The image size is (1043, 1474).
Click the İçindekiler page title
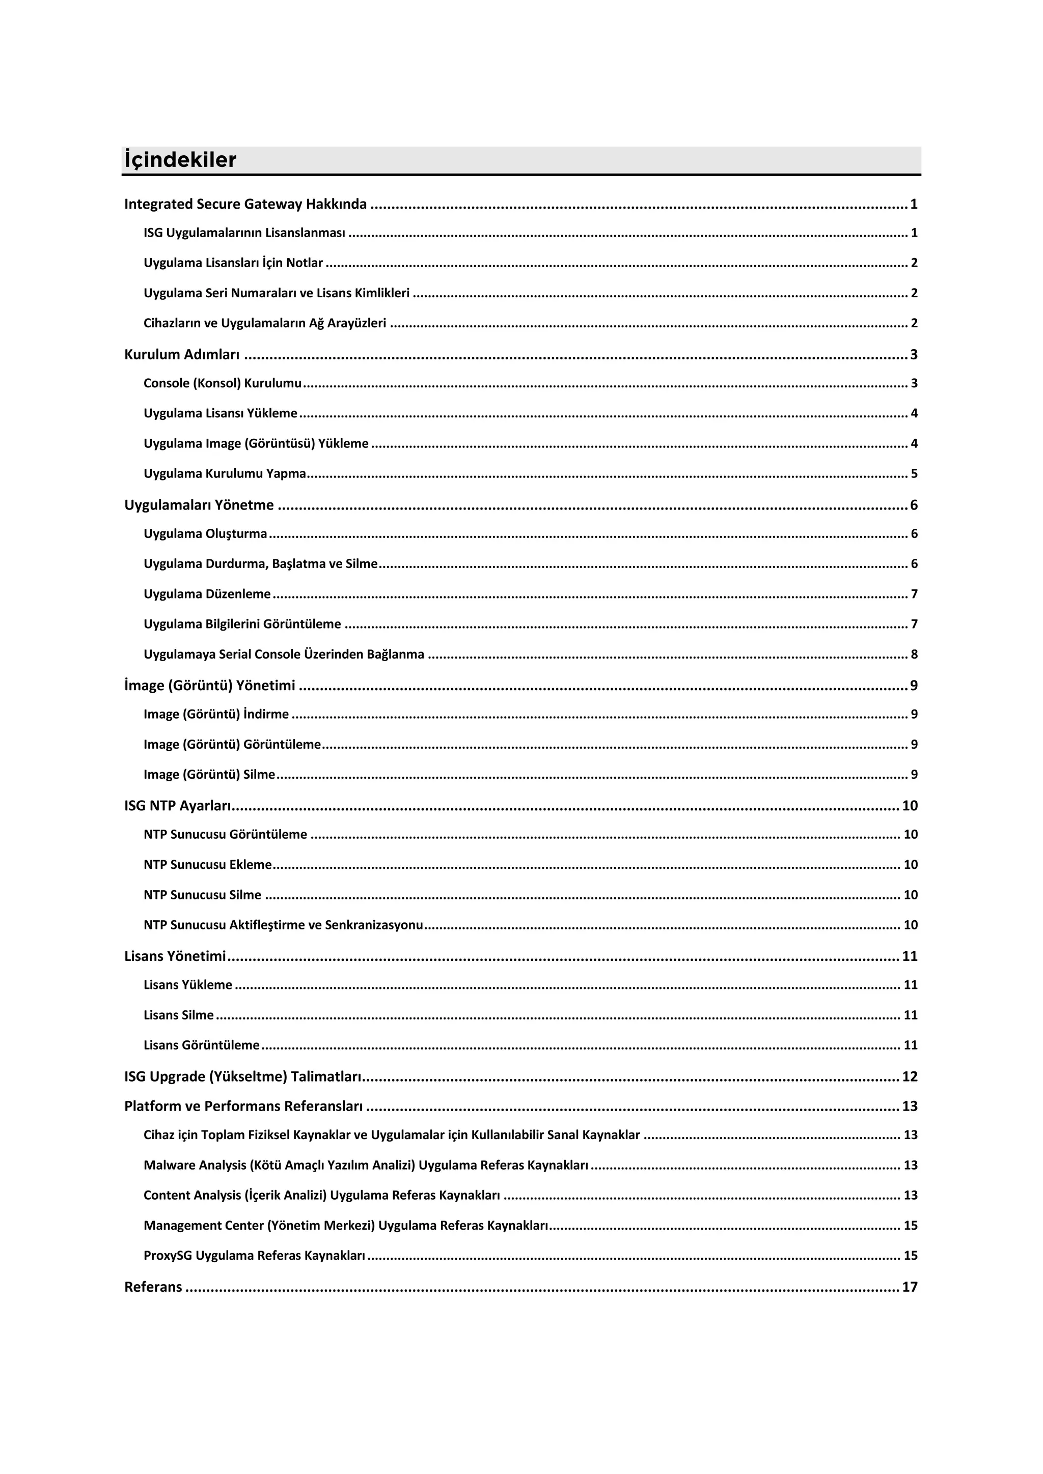180,160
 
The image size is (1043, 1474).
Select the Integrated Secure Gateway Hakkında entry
245,204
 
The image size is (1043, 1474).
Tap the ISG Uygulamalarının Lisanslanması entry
244,233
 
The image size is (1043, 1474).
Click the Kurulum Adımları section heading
182,354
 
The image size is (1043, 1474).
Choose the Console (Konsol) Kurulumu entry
222,383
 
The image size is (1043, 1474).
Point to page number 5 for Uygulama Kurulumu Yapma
914,474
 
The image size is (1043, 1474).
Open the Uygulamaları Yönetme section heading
199,505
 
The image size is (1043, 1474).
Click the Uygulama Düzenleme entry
207,594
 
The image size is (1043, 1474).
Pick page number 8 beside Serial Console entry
914,654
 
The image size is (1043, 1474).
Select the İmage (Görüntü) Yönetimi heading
210,686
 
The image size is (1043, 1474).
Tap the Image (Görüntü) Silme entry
209,774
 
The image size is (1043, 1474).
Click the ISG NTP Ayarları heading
177,806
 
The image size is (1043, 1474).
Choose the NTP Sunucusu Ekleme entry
207,865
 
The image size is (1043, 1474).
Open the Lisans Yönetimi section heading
175,956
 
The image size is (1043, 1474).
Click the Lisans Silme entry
179,1015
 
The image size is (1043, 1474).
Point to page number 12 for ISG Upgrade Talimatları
910,1076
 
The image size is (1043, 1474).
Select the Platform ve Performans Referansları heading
243,1106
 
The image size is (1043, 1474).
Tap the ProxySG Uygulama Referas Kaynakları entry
254,1255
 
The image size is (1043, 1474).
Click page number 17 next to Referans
910,1287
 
